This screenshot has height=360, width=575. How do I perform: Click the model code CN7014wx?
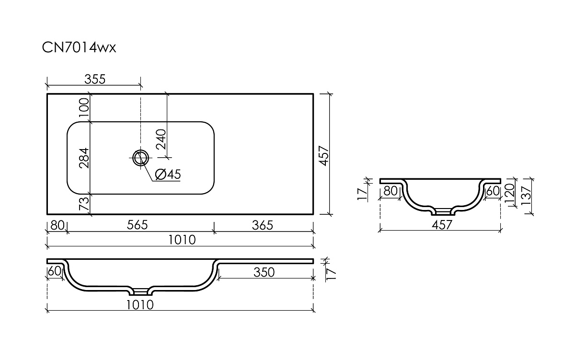(x=79, y=48)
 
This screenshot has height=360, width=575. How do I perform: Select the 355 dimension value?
(x=95, y=80)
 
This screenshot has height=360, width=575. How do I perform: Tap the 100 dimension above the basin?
(x=84, y=107)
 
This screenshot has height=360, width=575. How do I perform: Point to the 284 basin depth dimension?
(x=84, y=158)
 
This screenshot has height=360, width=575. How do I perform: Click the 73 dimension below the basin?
(x=84, y=203)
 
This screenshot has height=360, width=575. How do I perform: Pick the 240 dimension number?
(x=161, y=139)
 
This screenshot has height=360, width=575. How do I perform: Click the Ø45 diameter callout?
(x=168, y=174)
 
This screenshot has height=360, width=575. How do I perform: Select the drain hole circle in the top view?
(x=141, y=158)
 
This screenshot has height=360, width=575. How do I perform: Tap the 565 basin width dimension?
(x=138, y=225)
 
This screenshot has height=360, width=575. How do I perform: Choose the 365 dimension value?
(x=263, y=225)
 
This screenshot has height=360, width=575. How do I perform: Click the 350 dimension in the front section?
(x=264, y=272)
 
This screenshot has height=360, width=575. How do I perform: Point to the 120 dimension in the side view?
(x=510, y=193)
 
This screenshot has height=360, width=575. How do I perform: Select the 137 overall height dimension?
(x=526, y=195)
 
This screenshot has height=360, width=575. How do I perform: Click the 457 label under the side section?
(x=442, y=225)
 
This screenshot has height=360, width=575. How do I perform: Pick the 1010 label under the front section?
(x=140, y=305)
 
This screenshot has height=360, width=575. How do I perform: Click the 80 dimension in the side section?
(x=391, y=191)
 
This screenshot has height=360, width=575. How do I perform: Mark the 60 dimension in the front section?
(x=55, y=271)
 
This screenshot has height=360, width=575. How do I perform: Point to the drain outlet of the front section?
(x=141, y=292)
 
